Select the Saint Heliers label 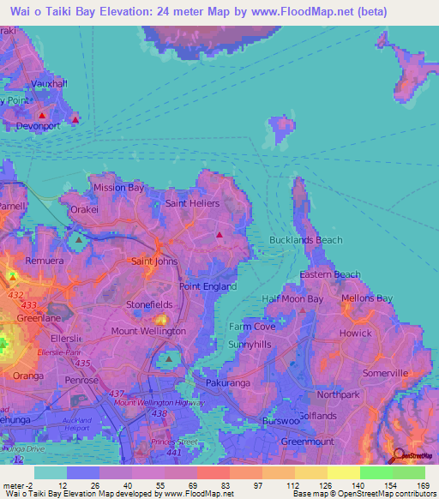[x=192, y=203]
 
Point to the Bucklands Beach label [x=306, y=241]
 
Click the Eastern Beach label [x=330, y=274]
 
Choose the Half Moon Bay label [x=292, y=298]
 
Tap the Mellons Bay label [x=366, y=298]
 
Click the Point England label [x=207, y=286]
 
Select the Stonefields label [x=149, y=304]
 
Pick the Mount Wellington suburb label [x=148, y=331]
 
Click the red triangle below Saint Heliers [x=219, y=233]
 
